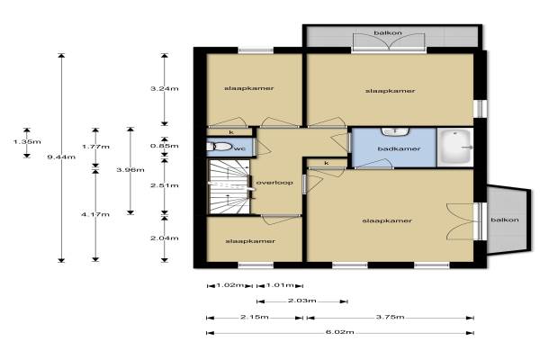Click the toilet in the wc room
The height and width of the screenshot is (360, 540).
pyautogui.click(x=219, y=147)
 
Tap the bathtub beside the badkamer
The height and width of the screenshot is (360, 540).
pyautogui.click(x=455, y=147)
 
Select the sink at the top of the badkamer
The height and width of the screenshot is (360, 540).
pyautogui.click(x=395, y=131)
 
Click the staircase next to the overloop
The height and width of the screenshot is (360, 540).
pyautogui.click(x=229, y=186)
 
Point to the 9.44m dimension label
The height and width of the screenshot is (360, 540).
pyautogui.click(x=61, y=157)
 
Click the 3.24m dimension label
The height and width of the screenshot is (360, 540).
pyautogui.click(x=165, y=88)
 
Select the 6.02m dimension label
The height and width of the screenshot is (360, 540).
pyautogui.click(x=340, y=332)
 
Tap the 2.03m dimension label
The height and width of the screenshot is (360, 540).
pyautogui.click(x=302, y=301)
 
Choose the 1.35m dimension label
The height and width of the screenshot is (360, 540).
pyautogui.click(x=27, y=141)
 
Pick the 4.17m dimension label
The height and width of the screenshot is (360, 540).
pyautogui.click(x=95, y=214)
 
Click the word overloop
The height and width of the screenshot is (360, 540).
pyautogui.click(x=274, y=183)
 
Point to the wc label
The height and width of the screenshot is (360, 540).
pyautogui.click(x=239, y=148)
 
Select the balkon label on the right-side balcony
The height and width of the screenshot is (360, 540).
pyautogui.click(x=505, y=220)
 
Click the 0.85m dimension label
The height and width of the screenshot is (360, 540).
pyautogui.click(x=165, y=146)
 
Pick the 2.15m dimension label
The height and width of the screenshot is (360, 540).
pyautogui.click(x=255, y=317)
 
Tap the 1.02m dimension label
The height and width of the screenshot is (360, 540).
pyautogui.click(x=230, y=285)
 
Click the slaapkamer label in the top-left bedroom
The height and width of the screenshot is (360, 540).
pyautogui.click(x=249, y=88)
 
